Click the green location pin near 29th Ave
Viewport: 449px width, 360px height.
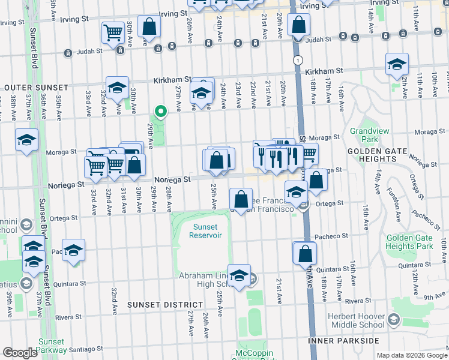160,112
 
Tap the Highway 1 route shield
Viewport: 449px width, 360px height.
297,60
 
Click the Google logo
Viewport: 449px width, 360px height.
20,352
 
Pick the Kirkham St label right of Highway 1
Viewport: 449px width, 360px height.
324,71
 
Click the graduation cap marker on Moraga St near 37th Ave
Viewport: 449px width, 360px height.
26,140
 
